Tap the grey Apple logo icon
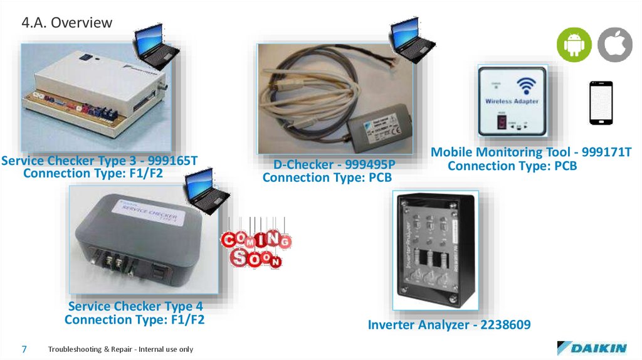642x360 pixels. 614,45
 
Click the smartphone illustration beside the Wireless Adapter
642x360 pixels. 600,103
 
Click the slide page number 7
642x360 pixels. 24,349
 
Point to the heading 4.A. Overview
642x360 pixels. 66,23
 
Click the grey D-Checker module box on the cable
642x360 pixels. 378,126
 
